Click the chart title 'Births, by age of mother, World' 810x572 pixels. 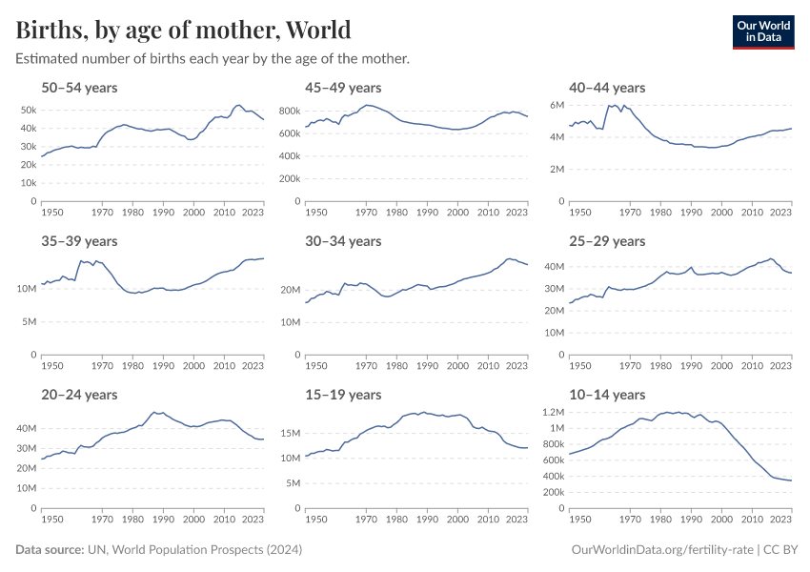click(183, 30)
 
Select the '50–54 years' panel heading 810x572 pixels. click(79, 88)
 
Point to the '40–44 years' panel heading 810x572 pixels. click(607, 88)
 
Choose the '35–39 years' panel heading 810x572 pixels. click(79, 241)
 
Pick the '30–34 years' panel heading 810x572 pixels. click(344, 241)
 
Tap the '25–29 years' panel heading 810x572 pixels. click(607, 241)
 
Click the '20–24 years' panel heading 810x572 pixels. click(79, 395)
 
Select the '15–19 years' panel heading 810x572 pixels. click(344, 395)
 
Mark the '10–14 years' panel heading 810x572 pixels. click(607, 395)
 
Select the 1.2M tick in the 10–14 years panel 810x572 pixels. click(554, 413)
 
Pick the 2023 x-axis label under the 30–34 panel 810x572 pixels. click(516, 366)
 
